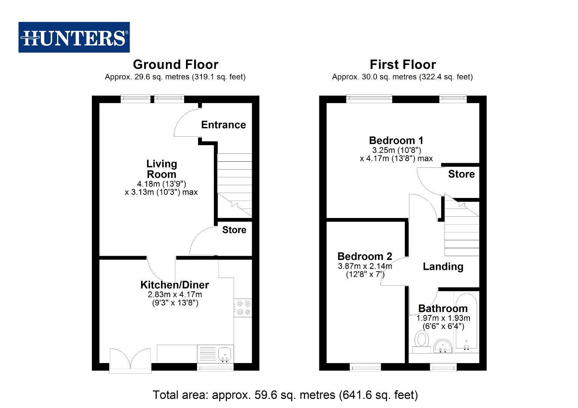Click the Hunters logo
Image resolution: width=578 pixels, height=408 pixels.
(74, 37)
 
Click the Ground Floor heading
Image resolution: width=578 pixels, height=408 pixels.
(175, 65)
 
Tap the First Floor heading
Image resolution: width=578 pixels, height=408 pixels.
(403, 65)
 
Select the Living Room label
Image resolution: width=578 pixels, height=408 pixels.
(161, 169)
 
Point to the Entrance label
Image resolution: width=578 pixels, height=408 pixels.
(223, 125)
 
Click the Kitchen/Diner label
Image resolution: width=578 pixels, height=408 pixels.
(175, 285)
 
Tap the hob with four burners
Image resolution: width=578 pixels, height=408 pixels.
(243, 308)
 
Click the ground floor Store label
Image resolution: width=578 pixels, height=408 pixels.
(234, 230)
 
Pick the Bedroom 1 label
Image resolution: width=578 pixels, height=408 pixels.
(396, 141)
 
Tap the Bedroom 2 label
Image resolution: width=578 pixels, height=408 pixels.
(364, 257)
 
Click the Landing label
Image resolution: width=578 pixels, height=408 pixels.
(443, 267)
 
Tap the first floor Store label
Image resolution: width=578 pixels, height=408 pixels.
(461, 174)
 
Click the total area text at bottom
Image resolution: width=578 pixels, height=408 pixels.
(285, 395)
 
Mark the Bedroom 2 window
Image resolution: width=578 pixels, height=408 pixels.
(365, 367)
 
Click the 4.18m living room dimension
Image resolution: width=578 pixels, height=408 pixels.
(161, 184)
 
